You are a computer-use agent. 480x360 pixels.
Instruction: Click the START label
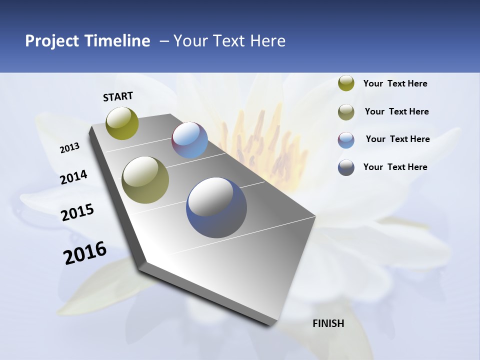coord(118,96)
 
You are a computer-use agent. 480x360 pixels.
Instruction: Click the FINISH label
coord(328,323)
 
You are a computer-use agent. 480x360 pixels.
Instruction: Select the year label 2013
coord(69,148)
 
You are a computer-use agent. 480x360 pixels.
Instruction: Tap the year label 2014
coord(73,177)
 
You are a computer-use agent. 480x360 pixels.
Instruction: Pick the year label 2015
coord(77,212)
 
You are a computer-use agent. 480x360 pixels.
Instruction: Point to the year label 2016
coord(85,253)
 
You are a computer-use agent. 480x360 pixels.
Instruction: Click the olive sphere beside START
coord(122,123)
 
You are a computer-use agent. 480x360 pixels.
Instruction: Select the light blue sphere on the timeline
coord(189,140)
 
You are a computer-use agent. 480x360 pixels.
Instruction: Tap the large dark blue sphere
coord(216,207)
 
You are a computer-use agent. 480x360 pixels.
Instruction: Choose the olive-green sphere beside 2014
coord(145,179)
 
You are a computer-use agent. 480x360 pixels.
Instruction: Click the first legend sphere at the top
coord(346,83)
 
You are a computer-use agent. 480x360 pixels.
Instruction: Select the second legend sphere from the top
coord(346,112)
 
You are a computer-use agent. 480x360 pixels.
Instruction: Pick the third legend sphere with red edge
coord(346,140)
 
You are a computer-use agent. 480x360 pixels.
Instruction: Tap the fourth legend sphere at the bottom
coord(346,167)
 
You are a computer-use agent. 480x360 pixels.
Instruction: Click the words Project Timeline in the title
coord(87,41)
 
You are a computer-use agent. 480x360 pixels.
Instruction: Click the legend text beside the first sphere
coord(395,83)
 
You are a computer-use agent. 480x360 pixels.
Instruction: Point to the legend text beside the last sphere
coord(395,167)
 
